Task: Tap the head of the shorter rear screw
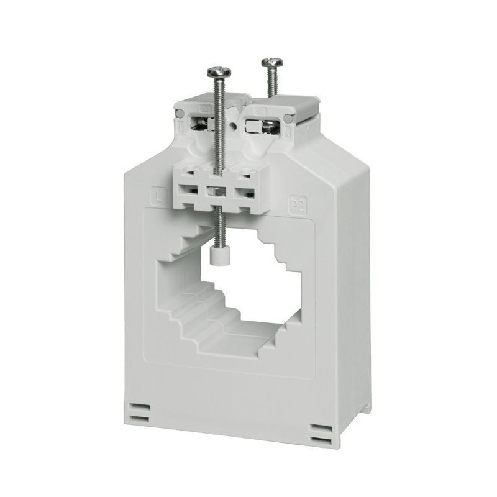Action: click(x=270, y=62)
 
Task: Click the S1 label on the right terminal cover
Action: click(x=262, y=109)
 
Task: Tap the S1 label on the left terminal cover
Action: click(x=204, y=111)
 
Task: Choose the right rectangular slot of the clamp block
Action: click(x=244, y=191)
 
